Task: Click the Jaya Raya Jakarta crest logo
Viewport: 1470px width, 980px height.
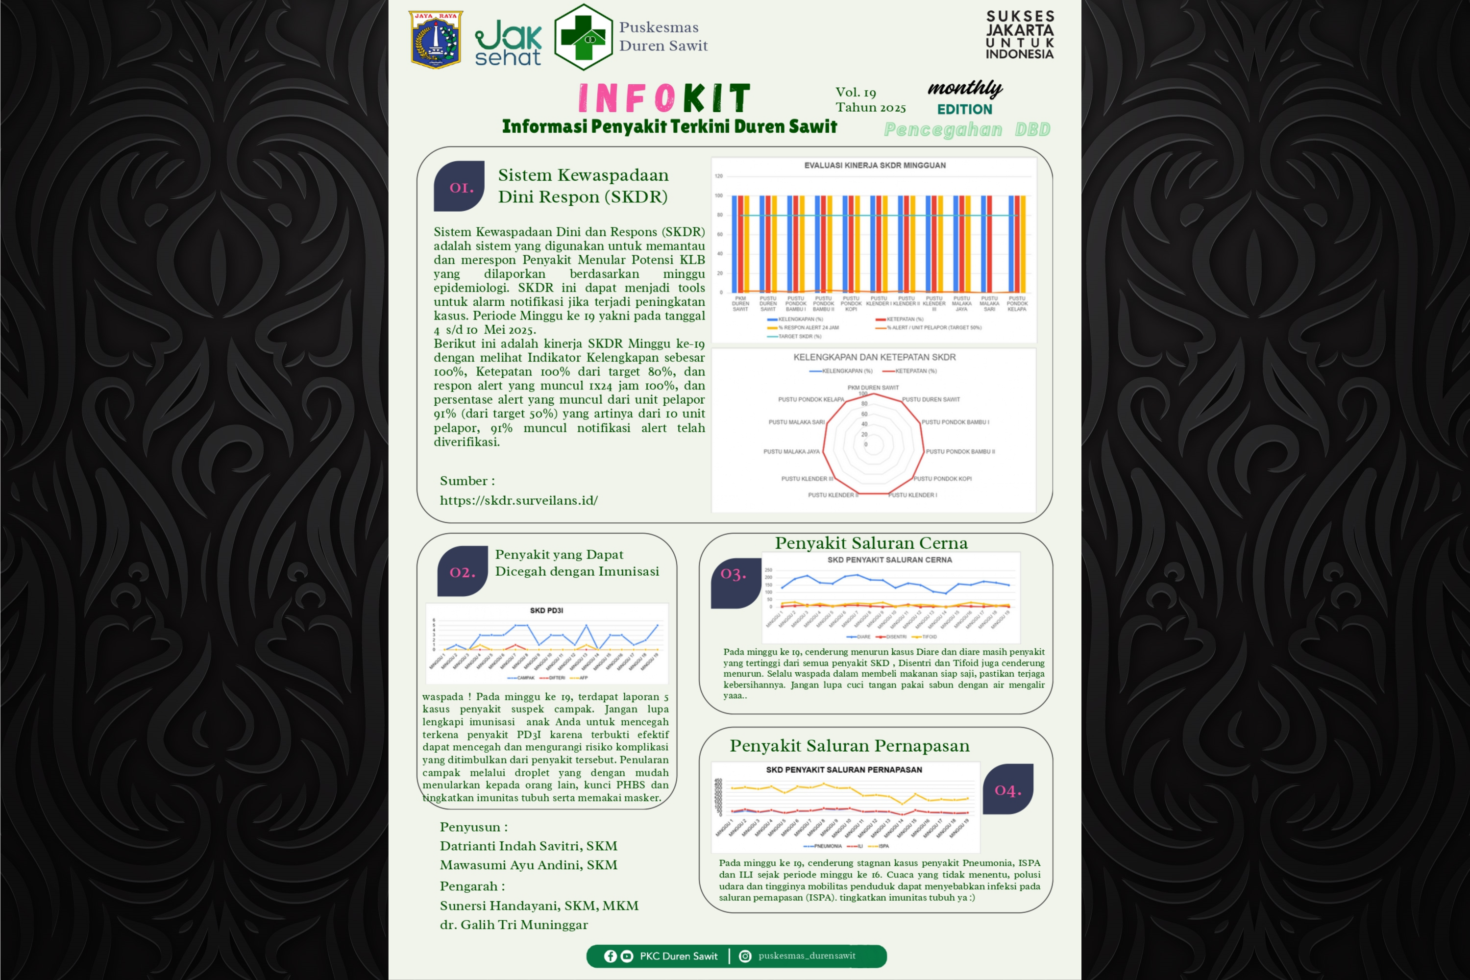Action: pos(436,39)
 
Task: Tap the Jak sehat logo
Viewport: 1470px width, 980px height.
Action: pos(508,43)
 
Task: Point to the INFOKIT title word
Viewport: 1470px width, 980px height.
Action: pos(664,98)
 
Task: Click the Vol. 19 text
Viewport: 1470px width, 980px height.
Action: pos(856,93)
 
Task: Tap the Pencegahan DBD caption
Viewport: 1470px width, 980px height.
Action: pos(966,129)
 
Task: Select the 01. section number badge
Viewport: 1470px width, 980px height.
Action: pos(460,187)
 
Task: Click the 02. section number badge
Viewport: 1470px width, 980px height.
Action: pos(463,572)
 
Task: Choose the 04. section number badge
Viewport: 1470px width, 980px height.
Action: pos(1007,790)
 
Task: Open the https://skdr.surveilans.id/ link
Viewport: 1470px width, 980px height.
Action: pos(519,500)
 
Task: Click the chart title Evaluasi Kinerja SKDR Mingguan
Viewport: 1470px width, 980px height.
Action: pos(874,166)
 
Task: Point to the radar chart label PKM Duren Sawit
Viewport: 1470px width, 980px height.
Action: pos(873,388)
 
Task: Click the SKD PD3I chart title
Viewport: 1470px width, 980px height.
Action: pos(546,611)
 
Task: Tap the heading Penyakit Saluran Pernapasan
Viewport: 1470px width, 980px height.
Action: pos(849,746)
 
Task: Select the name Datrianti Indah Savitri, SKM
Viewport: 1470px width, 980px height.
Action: pos(528,846)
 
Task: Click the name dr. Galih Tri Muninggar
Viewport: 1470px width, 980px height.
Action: pos(514,924)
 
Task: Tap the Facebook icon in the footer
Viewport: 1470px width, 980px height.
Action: pos(610,956)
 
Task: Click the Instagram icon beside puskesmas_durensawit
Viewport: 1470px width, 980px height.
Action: pos(745,956)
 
